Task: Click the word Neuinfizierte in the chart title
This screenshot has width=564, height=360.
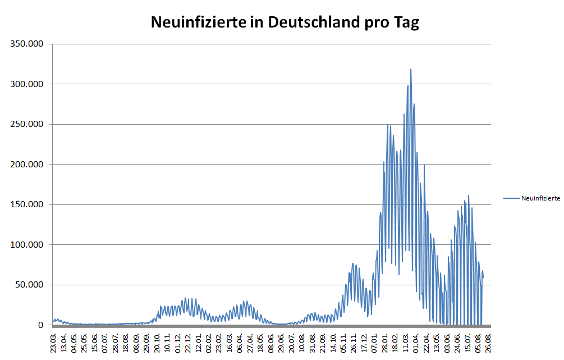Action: click(x=198, y=22)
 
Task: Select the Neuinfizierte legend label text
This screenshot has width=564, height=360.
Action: click(x=540, y=198)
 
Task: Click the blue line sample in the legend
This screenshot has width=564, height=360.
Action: click(x=511, y=198)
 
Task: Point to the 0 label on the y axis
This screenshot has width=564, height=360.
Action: click(x=41, y=325)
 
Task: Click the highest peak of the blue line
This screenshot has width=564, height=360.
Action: click(x=411, y=70)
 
